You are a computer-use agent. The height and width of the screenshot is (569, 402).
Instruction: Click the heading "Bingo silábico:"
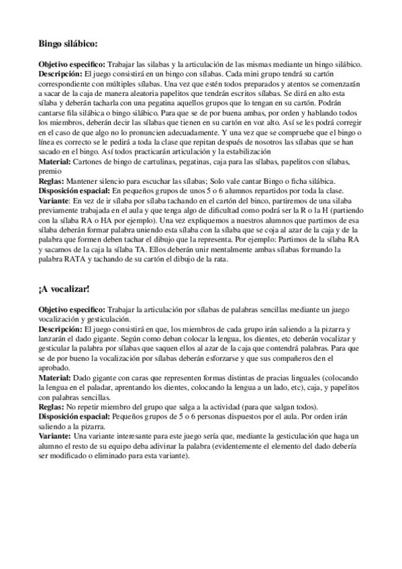[68, 44]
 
